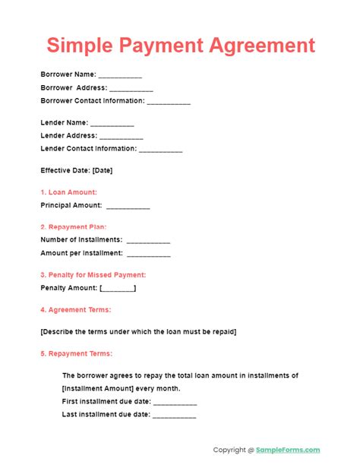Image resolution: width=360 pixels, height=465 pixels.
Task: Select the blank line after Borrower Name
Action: (x=120, y=75)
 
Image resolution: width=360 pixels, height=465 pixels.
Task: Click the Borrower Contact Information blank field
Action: (x=169, y=101)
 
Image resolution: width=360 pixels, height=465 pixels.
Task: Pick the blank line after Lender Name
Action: (x=112, y=123)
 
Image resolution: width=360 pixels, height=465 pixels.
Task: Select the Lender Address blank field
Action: (x=122, y=136)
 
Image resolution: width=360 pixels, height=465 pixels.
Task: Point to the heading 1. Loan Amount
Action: (x=68, y=192)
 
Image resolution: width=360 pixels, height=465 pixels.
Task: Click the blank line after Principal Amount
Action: (x=128, y=205)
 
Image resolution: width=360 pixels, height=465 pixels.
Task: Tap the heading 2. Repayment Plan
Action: (x=73, y=226)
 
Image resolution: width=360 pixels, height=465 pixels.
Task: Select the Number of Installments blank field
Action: (x=149, y=240)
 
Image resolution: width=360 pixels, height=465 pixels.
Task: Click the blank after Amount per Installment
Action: (x=147, y=253)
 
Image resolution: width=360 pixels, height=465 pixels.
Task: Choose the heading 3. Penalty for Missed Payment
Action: (x=93, y=274)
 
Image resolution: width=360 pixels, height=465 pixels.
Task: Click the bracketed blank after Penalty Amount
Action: (x=118, y=288)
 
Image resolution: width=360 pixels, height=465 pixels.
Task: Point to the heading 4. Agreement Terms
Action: (x=75, y=309)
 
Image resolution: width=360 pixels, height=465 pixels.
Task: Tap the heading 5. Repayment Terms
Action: (x=76, y=353)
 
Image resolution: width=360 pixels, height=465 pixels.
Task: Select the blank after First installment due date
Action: (x=175, y=401)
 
